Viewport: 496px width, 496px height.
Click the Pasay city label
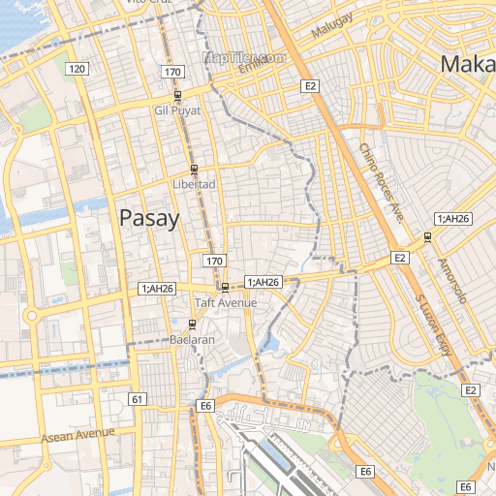tap(149, 218)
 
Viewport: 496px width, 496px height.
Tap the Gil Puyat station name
tap(177, 110)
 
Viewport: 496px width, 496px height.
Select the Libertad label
tap(193, 183)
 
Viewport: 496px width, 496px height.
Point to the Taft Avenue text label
tap(226, 303)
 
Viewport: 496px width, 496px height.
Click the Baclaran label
tap(191, 341)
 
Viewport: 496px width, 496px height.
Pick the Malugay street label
tap(334, 27)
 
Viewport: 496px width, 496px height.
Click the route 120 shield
tap(77, 68)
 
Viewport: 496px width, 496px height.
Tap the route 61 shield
tap(138, 399)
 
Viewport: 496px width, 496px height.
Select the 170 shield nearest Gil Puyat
tap(172, 73)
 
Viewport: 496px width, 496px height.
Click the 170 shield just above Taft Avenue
tap(214, 262)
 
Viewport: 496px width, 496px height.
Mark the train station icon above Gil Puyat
tap(177, 96)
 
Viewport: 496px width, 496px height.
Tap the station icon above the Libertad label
tap(194, 169)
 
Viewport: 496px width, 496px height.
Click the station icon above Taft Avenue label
tap(225, 288)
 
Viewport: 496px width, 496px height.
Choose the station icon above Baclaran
tap(191, 326)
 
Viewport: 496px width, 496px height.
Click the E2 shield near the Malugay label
tap(310, 86)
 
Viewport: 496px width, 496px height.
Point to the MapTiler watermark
tap(244, 57)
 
